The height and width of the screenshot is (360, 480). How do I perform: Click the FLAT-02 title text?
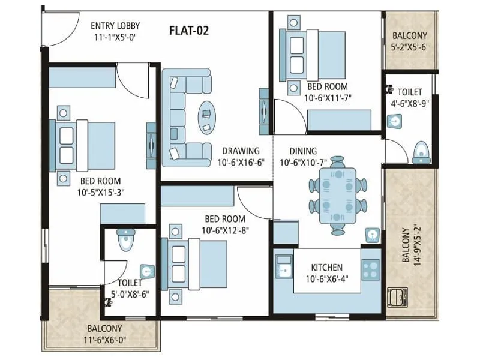click(x=189, y=30)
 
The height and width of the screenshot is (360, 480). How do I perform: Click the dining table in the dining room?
click(x=338, y=196)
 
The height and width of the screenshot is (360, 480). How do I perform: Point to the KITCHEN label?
click(x=326, y=268)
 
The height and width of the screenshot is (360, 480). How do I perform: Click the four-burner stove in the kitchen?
click(x=370, y=268)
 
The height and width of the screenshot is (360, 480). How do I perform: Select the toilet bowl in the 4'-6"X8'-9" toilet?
click(x=422, y=153)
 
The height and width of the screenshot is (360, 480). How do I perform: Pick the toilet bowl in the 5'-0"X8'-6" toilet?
click(x=125, y=241)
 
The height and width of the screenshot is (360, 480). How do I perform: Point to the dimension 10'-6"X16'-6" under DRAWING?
click(x=239, y=162)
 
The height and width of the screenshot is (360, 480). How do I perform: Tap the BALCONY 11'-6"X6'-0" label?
click(x=104, y=334)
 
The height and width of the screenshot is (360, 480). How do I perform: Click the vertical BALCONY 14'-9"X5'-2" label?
click(x=409, y=245)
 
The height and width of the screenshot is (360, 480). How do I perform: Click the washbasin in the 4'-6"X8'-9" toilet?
click(x=395, y=122)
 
